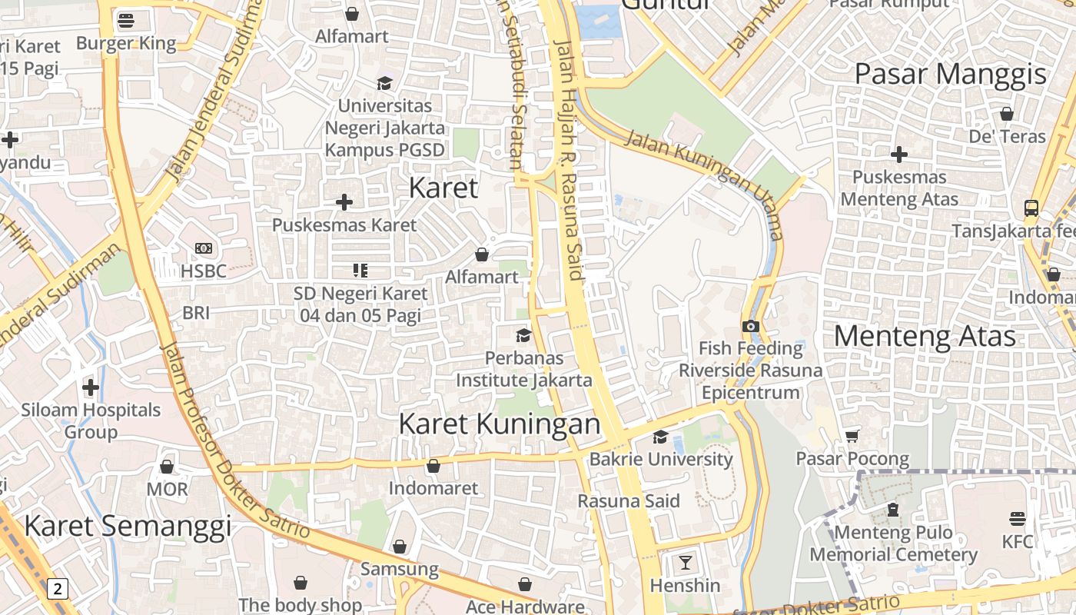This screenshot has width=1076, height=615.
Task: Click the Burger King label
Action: click(126, 43)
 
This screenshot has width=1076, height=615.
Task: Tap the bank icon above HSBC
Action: click(204, 248)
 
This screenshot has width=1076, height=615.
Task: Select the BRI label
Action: click(196, 313)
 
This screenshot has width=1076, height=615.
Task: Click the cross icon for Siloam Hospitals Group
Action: click(91, 387)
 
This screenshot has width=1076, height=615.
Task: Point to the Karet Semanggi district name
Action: click(128, 526)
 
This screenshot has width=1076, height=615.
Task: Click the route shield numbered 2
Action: click(57, 589)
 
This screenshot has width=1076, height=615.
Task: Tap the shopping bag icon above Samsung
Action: click(399, 547)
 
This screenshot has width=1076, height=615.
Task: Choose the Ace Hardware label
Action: click(525, 607)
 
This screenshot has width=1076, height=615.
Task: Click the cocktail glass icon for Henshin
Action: click(685, 563)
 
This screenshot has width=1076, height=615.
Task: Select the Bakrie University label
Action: click(660, 459)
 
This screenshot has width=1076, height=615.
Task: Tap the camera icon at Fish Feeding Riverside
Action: click(751, 326)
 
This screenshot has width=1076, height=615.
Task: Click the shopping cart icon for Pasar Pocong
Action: click(852, 436)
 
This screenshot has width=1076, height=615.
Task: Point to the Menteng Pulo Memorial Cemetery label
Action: click(893, 543)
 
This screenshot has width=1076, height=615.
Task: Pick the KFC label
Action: click(1018, 541)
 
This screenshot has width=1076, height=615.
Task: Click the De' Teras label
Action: click(1007, 136)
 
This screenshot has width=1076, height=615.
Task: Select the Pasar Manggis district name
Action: click(950, 74)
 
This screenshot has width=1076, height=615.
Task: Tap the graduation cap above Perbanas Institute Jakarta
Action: click(523, 335)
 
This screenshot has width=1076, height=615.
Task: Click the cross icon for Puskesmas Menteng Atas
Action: click(898, 155)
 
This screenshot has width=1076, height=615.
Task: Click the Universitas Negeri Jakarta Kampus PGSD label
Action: click(384, 127)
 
